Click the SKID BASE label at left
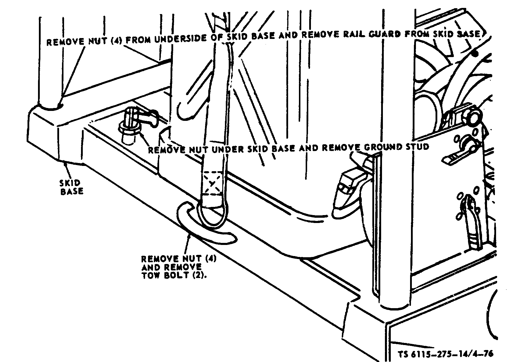coord(71,187)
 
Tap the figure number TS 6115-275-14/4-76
coord(446,354)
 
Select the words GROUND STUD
coord(393,147)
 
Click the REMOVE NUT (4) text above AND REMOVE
coord(179,259)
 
